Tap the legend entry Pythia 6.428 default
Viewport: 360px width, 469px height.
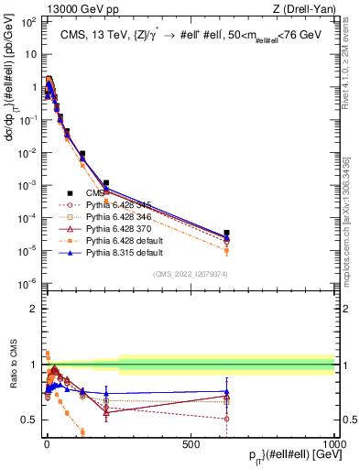pos(120,241)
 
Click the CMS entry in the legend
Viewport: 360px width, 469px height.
pos(97,193)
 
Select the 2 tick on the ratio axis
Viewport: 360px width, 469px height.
pos(33,309)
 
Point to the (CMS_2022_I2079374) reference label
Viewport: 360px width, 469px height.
pos(190,272)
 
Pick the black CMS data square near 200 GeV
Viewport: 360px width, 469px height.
pos(106,183)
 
